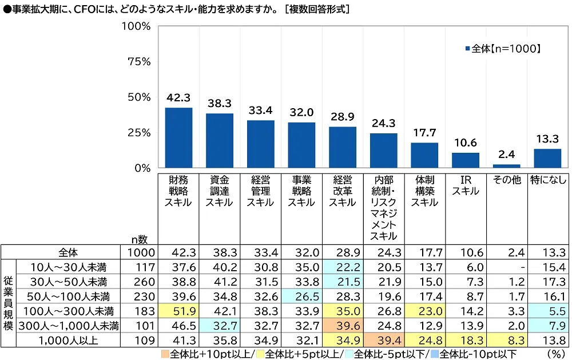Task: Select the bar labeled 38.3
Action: (x=220, y=141)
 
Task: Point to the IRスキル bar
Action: (x=466, y=160)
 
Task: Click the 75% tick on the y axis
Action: (x=137, y=62)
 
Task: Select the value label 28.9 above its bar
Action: (x=343, y=116)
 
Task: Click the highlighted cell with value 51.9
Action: (x=178, y=311)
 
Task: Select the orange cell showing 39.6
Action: (x=343, y=326)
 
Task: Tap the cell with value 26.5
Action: (x=301, y=296)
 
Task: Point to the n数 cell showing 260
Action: (x=138, y=281)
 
